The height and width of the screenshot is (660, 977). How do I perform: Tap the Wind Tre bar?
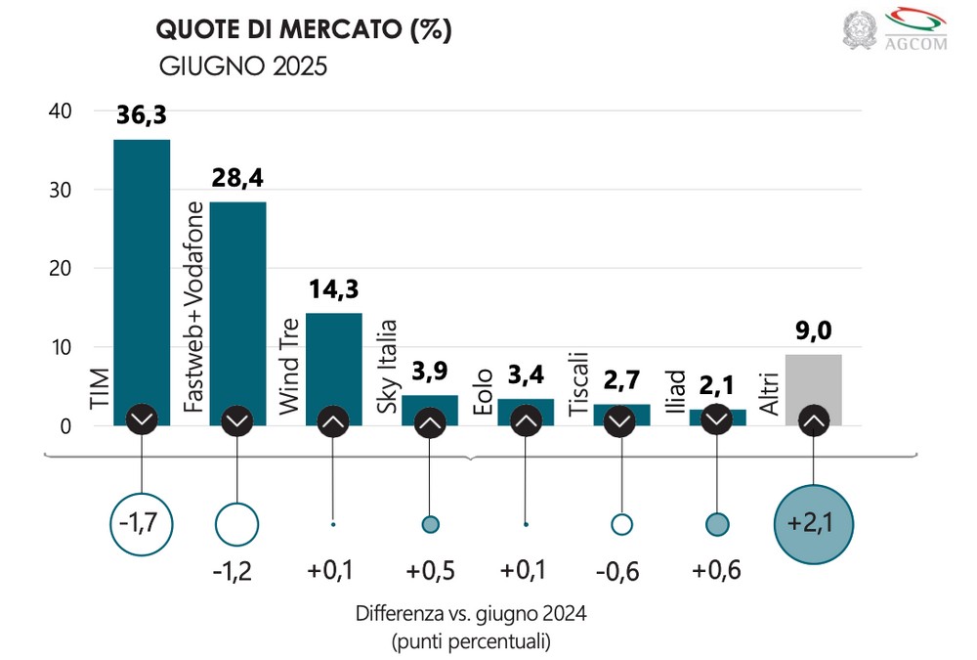(x=333, y=362)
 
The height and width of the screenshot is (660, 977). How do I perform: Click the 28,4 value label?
(x=237, y=179)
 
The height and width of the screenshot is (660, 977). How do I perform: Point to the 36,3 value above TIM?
(x=142, y=115)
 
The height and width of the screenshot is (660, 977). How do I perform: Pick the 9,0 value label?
(x=813, y=332)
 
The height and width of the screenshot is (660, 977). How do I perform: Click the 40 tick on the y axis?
(x=61, y=111)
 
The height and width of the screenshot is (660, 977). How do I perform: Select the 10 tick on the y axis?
(x=61, y=347)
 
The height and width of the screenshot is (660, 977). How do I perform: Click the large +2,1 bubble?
(x=813, y=524)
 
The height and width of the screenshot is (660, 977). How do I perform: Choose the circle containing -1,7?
(x=143, y=524)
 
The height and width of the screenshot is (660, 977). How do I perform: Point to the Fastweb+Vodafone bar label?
(x=194, y=308)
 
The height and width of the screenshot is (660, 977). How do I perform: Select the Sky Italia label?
(x=388, y=367)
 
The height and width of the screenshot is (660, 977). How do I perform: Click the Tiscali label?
(x=578, y=384)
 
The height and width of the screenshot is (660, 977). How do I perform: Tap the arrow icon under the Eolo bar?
(x=526, y=421)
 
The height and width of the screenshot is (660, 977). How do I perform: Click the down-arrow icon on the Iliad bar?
(x=717, y=418)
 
